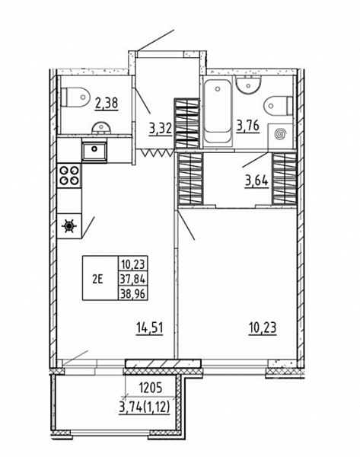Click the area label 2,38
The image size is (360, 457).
pyautogui.click(x=107, y=104)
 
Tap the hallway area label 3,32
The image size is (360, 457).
pyautogui.click(x=161, y=128)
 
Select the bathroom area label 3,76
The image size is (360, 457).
pyautogui.click(x=247, y=126)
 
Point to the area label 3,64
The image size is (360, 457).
pyautogui.click(x=256, y=181)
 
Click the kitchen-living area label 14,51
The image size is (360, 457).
pyautogui.click(x=150, y=328)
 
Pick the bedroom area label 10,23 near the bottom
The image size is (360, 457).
pyautogui.click(x=263, y=328)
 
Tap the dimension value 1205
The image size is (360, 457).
pyautogui.click(x=150, y=388)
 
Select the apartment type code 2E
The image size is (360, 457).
pyautogui.click(x=98, y=280)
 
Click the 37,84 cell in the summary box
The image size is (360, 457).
pyautogui.click(x=133, y=280)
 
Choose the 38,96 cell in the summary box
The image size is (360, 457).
pyautogui.click(x=133, y=293)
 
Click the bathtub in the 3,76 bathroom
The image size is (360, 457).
pyautogui.click(x=218, y=110)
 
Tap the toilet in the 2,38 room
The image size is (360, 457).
pyautogui.click(x=75, y=97)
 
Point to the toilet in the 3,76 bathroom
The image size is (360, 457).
pyautogui.click(x=278, y=106)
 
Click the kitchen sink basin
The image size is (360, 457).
pyautogui.click(x=94, y=151)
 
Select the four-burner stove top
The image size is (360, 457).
pyautogui.click(x=69, y=176)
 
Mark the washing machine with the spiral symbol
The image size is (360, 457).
pyautogui.click(x=280, y=135)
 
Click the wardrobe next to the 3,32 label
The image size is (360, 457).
pyautogui.click(x=186, y=123)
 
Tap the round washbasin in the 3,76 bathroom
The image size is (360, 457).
pyautogui.click(x=248, y=85)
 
